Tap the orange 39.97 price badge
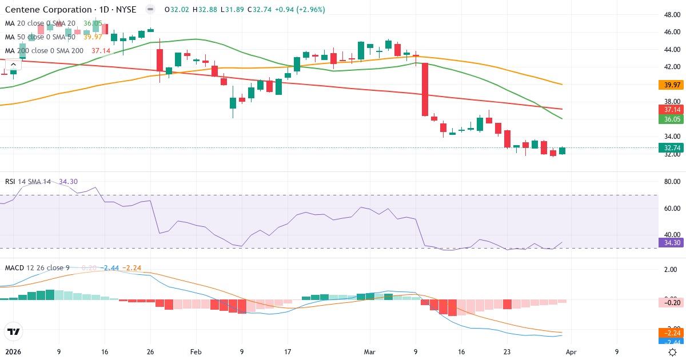pos(672,85)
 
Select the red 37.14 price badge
pos(672,109)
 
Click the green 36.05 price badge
pos(672,119)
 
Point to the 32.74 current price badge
pos(672,147)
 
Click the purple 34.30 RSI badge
pos(672,243)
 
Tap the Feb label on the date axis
pos(196,353)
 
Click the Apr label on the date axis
pos(571,353)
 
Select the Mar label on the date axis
pos(369,353)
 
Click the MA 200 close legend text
pos(44,51)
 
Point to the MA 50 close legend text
pos(39,37)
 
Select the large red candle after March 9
pos(425,89)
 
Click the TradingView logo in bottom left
pos(14,331)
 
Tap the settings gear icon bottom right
pos(673,353)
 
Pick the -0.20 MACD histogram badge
pos(672,303)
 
